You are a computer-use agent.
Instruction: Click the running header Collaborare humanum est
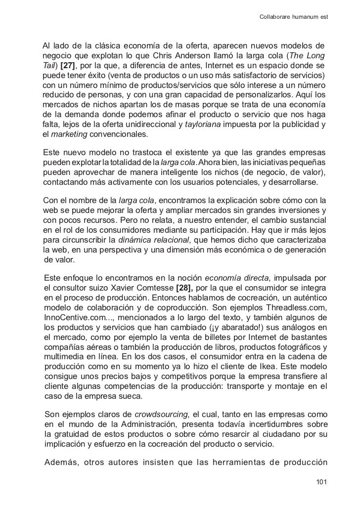click(x=294, y=18)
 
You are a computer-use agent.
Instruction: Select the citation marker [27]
click(x=68, y=65)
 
